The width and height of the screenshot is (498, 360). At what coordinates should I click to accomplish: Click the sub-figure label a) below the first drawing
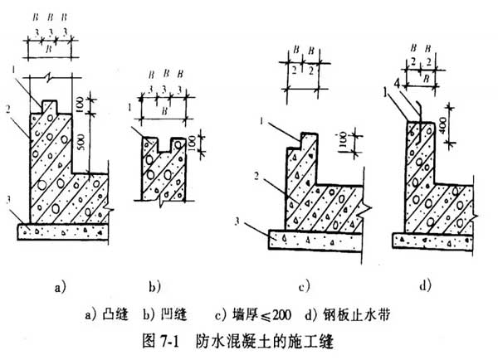[x=60, y=288]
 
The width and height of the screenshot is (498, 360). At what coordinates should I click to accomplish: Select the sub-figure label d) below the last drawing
[x=426, y=287]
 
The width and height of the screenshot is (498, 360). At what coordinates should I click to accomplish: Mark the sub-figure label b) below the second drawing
[x=154, y=288]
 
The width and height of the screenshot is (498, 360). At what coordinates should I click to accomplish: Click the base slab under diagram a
[x=62, y=230]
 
